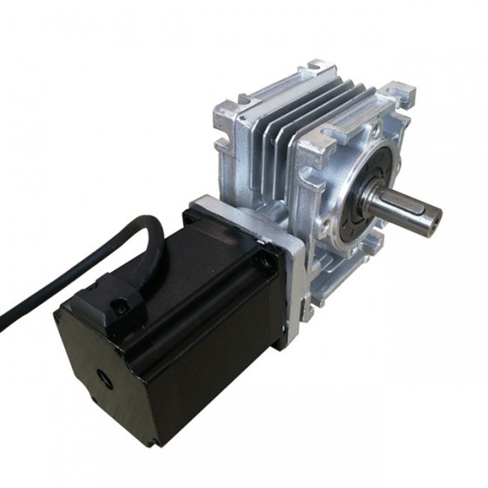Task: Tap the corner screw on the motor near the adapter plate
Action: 257,261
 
